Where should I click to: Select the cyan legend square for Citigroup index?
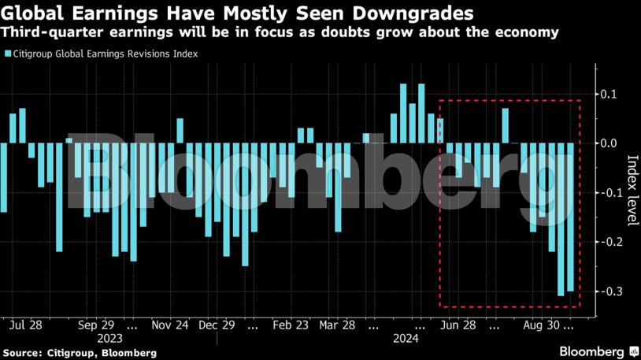coord(7,54)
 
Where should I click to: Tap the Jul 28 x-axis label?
coord(27,325)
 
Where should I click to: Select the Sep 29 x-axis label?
coord(97,325)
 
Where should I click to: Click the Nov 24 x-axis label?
coord(170,325)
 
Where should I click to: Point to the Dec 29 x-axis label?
coord(217,325)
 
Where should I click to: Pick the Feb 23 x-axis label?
coord(291,325)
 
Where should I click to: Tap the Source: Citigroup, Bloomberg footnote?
coord(79,352)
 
